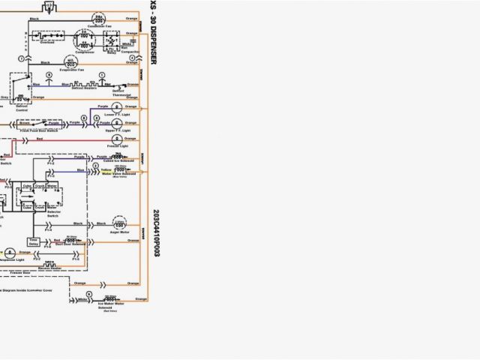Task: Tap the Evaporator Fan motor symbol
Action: [x=70, y=62]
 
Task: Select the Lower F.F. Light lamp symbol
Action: [x=118, y=107]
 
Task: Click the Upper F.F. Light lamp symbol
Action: [x=118, y=121]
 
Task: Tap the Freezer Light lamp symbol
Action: [x=117, y=139]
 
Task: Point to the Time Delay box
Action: [x=34, y=241]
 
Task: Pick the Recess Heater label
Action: [x=51, y=268]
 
